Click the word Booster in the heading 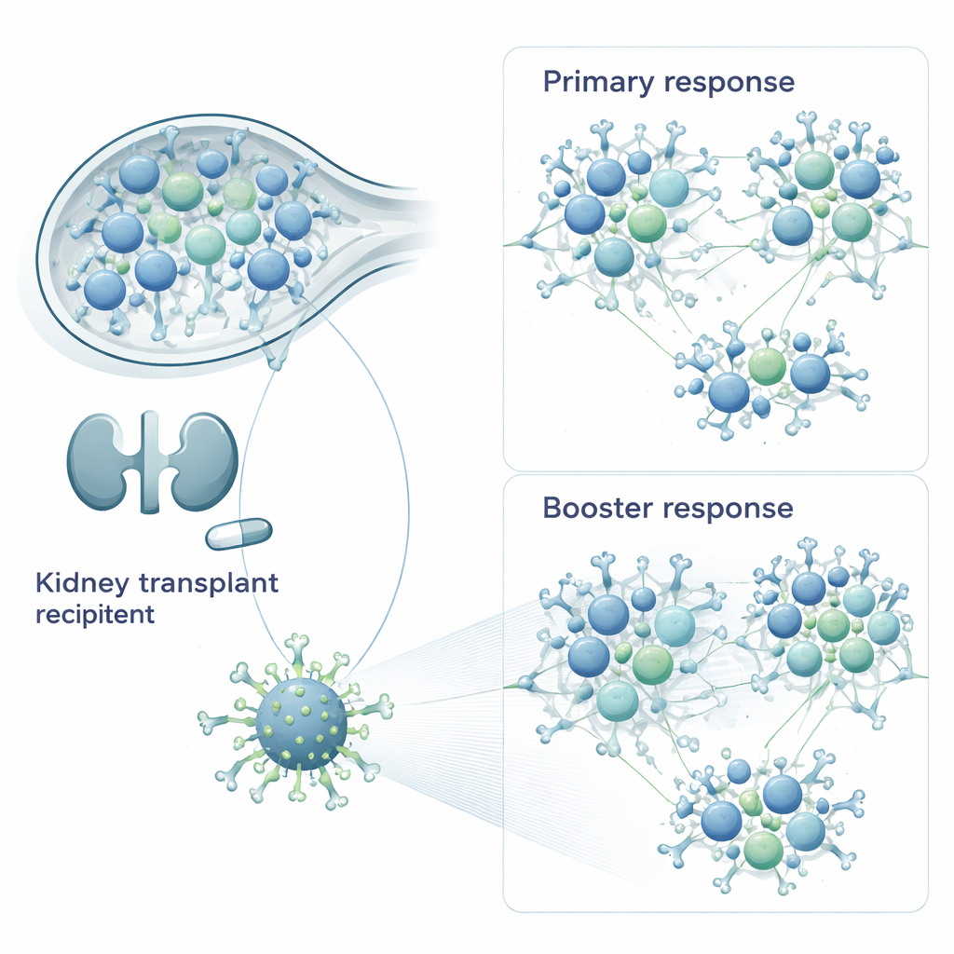(x=597, y=509)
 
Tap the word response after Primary (x=729, y=82)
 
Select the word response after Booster (x=729, y=509)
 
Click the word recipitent (x=94, y=615)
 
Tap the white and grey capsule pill (x=238, y=534)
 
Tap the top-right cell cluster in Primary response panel (x=825, y=200)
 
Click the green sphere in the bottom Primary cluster (x=767, y=365)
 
